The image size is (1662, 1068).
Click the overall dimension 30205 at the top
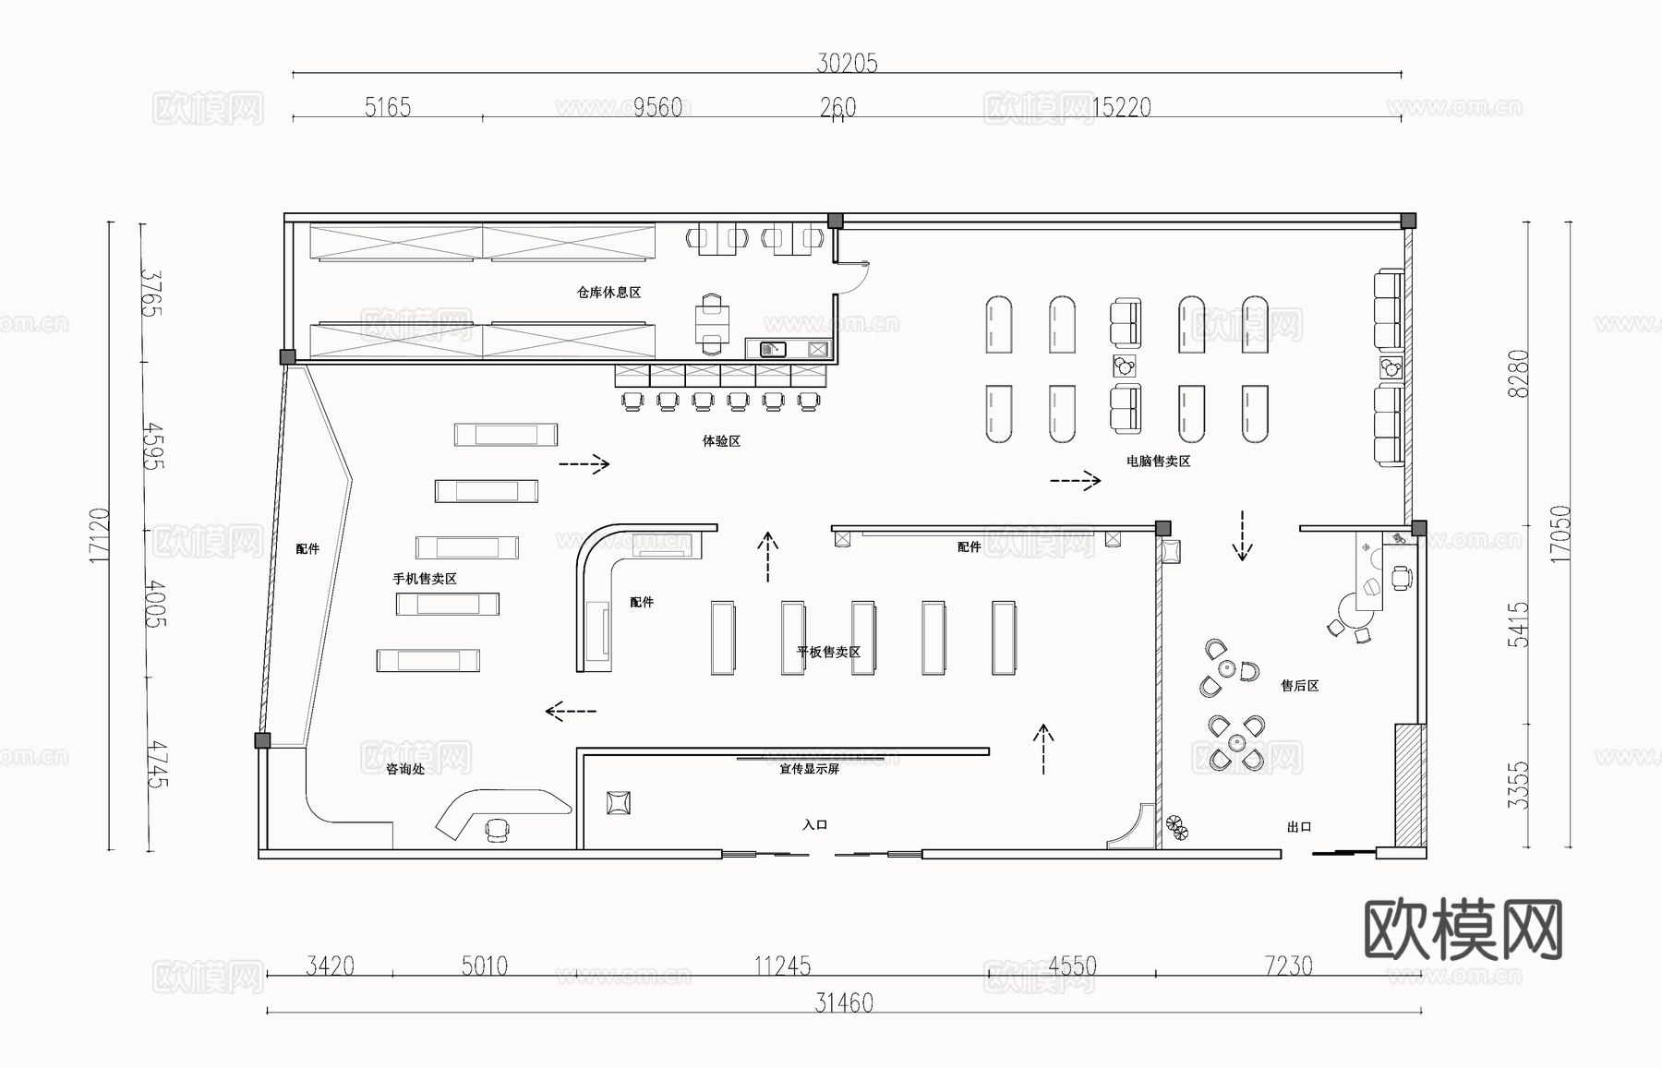coord(847,63)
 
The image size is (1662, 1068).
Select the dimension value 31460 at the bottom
coord(844,1002)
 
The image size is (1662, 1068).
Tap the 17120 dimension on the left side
coord(100,535)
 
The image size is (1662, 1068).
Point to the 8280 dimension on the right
coord(1518,373)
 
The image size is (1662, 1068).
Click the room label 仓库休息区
coord(608,293)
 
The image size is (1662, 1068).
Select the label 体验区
coord(721,441)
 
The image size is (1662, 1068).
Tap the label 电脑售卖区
coord(1158,461)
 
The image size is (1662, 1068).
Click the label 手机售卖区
coord(425,579)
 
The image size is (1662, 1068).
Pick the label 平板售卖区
coord(828,652)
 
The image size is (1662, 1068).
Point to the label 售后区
coord(1299,686)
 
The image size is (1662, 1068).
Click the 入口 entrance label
coord(814,824)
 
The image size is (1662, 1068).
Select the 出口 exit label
coord(1299,827)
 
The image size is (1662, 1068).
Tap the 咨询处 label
coord(405,769)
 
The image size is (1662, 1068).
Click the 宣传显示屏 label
coord(809,769)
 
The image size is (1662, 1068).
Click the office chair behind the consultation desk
coord(497,830)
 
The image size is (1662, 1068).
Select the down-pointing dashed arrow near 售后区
coord(1242,536)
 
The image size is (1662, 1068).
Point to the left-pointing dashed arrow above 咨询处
coord(571,711)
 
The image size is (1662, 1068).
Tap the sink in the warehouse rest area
coord(772,349)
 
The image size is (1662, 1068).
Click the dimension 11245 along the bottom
coord(782,966)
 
